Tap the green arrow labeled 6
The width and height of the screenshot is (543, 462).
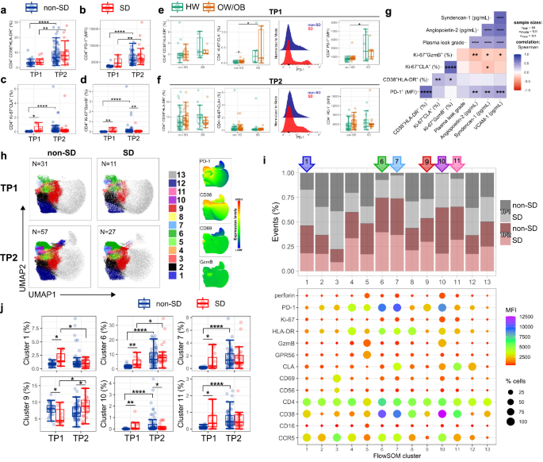click(382, 141)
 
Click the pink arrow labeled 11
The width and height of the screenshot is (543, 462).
click(457, 141)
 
